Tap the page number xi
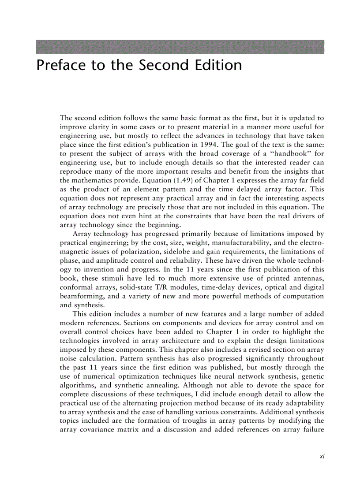click(x=322, y=457)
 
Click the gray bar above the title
click(x=180, y=47)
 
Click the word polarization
click(x=139, y=252)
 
